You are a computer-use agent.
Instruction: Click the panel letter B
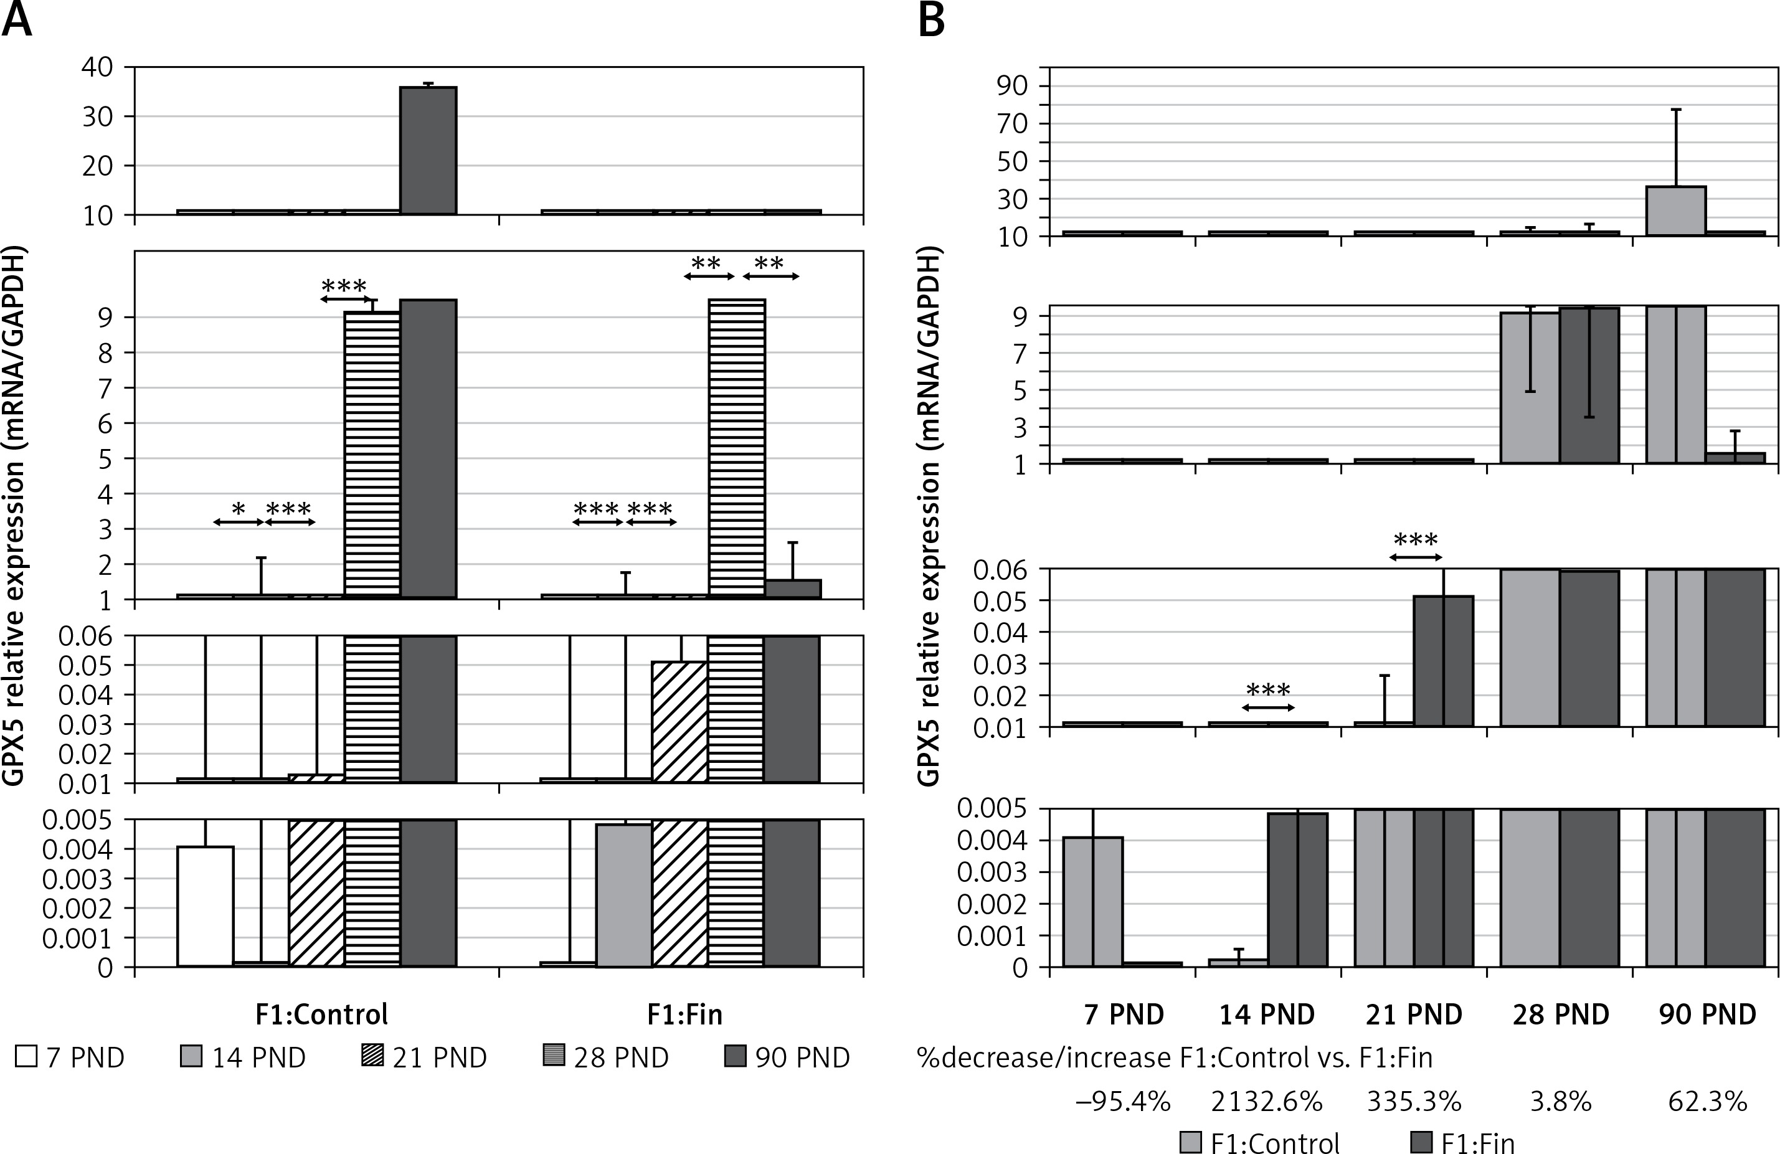click(x=931, y=20)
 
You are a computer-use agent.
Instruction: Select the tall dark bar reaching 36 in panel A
click(x=428, y=150)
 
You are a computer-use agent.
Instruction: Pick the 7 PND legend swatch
click(x=26, y=1057)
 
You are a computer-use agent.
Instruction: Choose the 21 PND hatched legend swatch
click(x=372, y=1057)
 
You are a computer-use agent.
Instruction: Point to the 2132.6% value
click(x=1266, y=1101)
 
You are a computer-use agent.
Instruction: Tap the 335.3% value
click(x=1414, y=1101)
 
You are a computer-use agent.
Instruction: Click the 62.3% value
click(x=1708, y=1101)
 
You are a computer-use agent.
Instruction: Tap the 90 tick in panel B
click(x=1013, y=86)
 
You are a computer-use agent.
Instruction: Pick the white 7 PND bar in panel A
click(x=205, y=906)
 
